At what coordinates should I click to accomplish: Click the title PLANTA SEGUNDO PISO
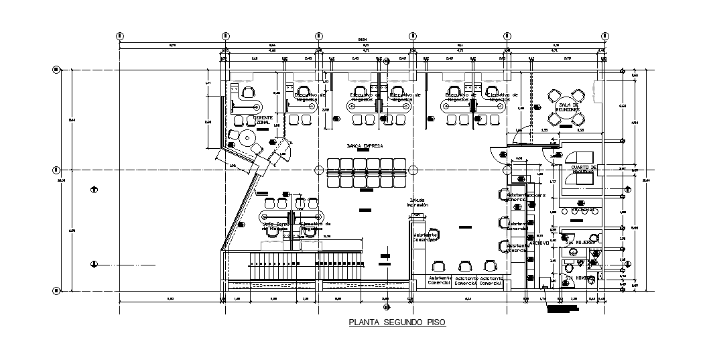click(397, 322)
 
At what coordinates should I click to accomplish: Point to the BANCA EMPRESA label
click(365, 145)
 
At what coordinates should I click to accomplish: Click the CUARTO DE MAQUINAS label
click(583, 169)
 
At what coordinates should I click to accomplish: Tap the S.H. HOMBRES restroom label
click(577, 277)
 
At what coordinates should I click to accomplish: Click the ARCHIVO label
click(539, 242)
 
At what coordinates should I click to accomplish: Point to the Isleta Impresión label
click(417, 202)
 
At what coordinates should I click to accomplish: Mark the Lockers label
click(537, 195)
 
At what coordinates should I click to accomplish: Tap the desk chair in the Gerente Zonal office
click(249, 92)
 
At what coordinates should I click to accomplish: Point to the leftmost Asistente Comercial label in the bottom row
click(440, 280)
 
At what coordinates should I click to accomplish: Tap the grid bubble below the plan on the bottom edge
click(386, 307)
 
